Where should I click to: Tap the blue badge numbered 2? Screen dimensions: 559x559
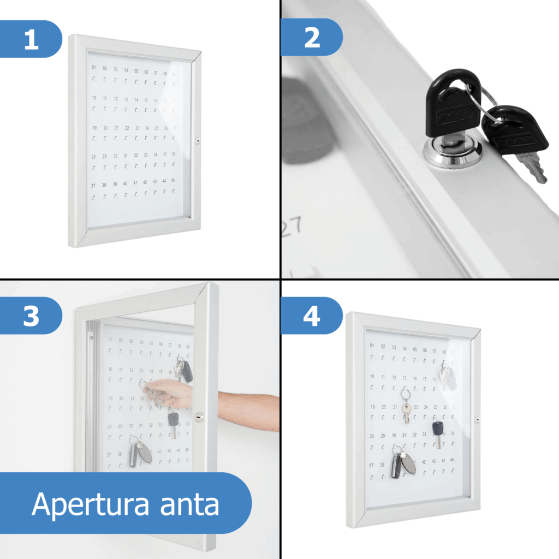[312, 38]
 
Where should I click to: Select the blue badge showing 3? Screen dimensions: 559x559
[31, 316]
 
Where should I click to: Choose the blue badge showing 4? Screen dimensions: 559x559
[312, 316]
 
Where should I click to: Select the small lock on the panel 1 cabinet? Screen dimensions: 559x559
[198, 141]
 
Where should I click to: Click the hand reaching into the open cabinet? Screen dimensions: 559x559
[169, 392]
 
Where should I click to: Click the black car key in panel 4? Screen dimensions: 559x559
[438, 431]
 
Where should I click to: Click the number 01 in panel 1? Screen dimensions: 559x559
[93, 68]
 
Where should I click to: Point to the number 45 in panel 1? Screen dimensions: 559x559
[173, 180]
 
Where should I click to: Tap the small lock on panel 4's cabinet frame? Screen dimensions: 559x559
[477, 420]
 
